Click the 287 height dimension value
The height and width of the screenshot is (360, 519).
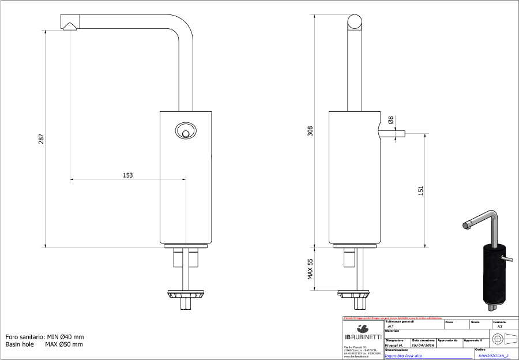pos(42,139)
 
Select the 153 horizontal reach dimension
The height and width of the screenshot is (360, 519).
pos(127,175)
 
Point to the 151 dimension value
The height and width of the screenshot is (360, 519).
pos(420,191)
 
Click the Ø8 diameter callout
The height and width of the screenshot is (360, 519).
pos(391,121)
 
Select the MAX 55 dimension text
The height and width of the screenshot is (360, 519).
pos(310,269)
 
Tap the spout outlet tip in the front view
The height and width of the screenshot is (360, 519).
pos(69,25)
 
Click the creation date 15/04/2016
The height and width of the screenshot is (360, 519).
pos(423,345)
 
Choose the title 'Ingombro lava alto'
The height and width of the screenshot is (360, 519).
pos(403,356)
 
